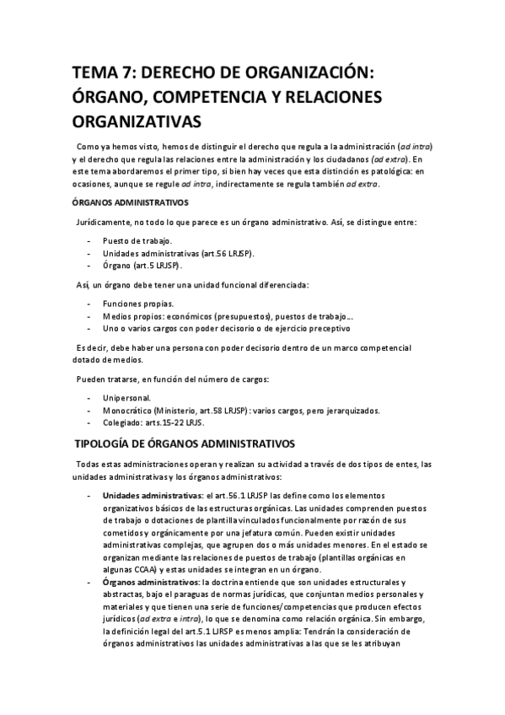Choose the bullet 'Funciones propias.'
138,304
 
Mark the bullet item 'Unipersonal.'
127,398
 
